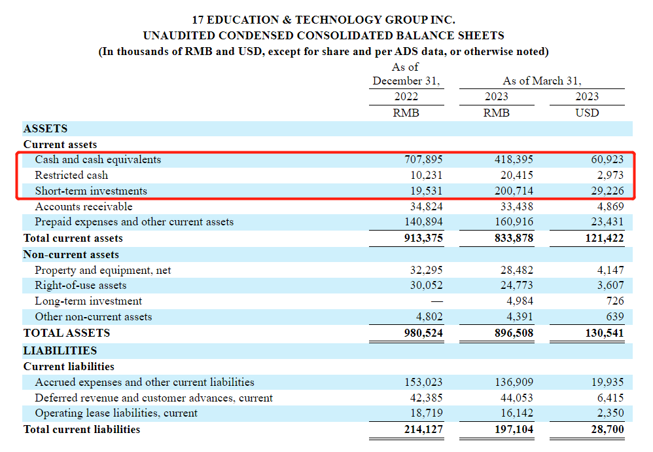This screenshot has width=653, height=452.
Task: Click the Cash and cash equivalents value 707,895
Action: click(424, 159)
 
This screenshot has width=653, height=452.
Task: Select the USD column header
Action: click(586, 113)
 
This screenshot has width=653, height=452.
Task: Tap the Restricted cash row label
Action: click(71, 175)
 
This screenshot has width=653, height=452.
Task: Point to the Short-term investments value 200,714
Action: click(514, 191)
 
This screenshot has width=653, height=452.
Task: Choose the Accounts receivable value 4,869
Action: click(608, 206)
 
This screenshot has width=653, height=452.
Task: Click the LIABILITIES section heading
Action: click(60, 350)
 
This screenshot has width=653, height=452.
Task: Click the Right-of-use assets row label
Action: click(80, 286)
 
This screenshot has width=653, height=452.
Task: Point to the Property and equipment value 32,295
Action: click(427, 270)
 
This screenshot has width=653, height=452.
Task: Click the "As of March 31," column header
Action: click(542, 81)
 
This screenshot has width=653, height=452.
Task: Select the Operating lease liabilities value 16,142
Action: click(516, 413)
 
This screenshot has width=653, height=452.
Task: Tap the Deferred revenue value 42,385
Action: click(427, 398)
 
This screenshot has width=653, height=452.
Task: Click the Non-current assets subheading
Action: click(71, 254)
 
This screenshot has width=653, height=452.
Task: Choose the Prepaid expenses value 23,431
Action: click(605, 222)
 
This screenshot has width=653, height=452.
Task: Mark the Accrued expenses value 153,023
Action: click(424, 382)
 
